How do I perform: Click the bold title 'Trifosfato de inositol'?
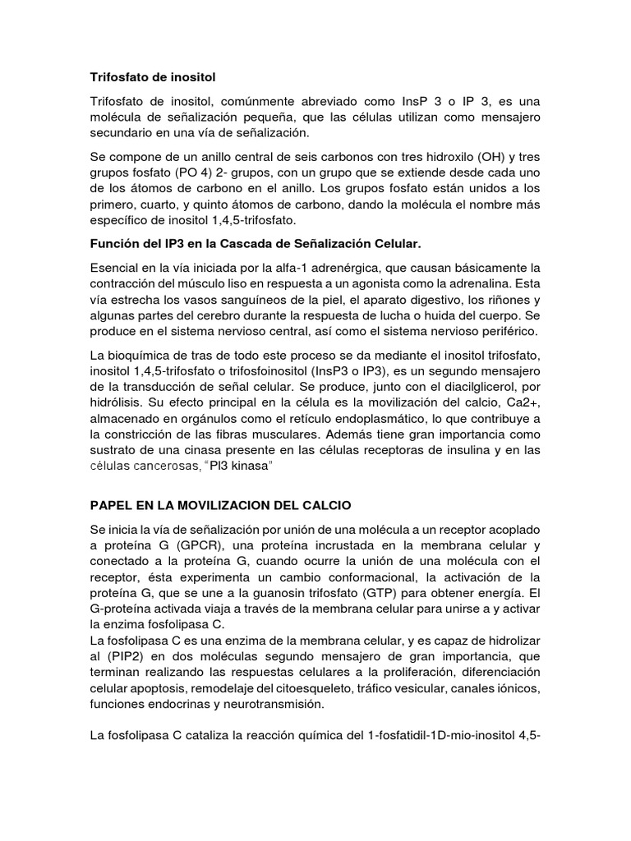point(152,78)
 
